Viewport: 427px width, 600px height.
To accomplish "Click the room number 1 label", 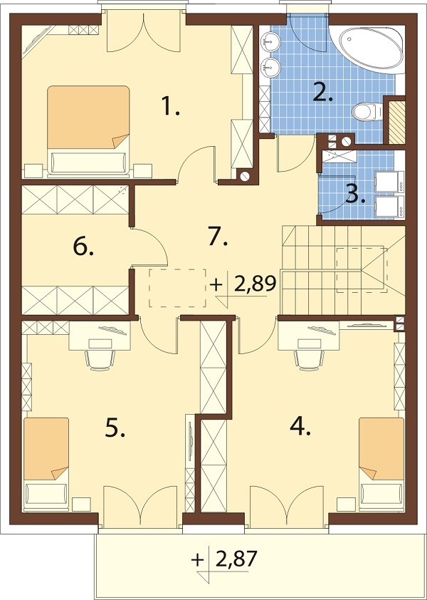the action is pos(169,106).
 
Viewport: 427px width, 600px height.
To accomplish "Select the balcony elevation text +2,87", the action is pos(224,560).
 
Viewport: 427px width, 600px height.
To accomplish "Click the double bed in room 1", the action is pos(88,132).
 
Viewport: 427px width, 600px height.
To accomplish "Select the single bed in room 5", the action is pos(46,464).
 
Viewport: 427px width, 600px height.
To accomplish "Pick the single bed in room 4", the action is pos(381,464).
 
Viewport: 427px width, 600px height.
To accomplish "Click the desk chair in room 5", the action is pos(100,359).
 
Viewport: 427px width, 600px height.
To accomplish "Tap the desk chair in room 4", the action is pos(309,359).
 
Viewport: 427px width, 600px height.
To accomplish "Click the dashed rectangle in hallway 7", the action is pos(177,288).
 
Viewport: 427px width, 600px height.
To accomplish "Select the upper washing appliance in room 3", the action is pos(389,182).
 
